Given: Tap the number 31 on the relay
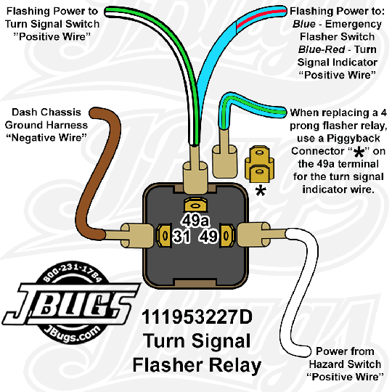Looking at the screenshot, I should (182, 237).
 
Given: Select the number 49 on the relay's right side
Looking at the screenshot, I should (208, 237).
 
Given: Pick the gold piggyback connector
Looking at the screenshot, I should (257, 164).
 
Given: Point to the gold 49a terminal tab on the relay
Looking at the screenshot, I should (194, 206).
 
